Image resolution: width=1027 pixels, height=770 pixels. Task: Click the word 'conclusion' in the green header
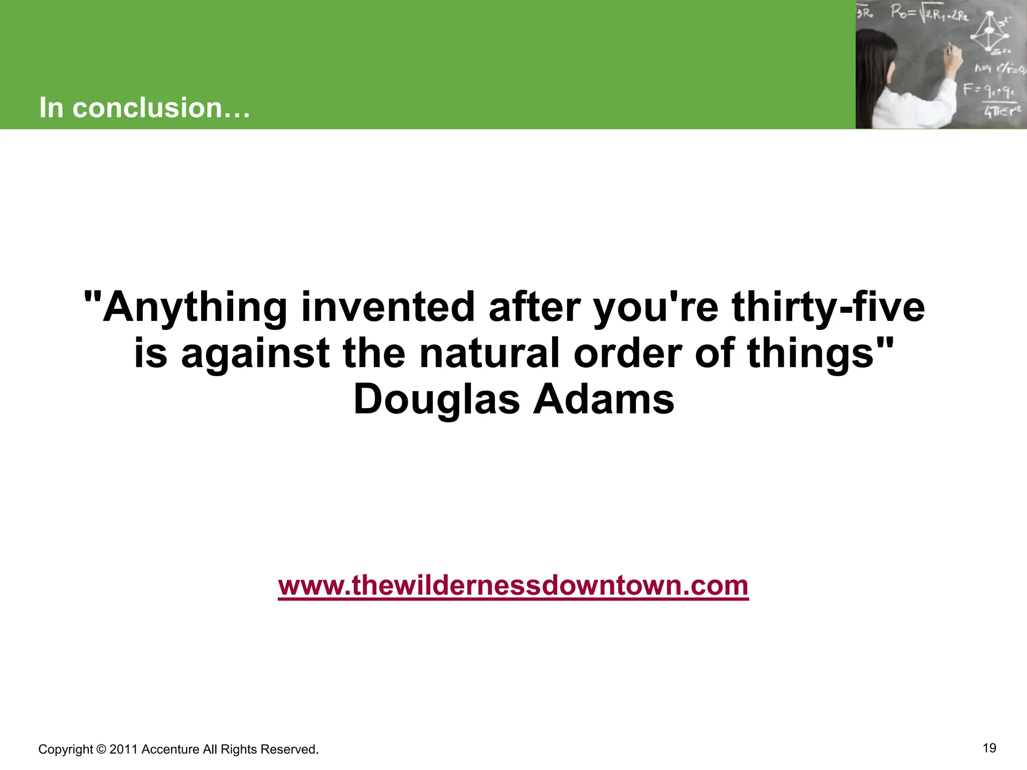pos(146,108)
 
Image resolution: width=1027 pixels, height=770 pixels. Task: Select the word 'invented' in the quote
pos(388,307)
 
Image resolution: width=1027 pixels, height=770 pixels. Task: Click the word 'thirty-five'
pos(828,307)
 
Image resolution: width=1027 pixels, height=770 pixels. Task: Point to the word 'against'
pos(255,353)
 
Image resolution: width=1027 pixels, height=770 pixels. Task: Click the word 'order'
pos(627,353)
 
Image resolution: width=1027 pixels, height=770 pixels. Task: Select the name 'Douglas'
pos(437,400)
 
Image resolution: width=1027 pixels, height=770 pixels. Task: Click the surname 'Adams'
pos(604,400)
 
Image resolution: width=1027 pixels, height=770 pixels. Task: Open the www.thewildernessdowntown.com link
pos(513,585)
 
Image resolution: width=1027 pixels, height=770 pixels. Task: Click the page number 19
pos(989,748)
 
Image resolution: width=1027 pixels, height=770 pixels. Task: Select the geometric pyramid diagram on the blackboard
pos(989,33)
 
